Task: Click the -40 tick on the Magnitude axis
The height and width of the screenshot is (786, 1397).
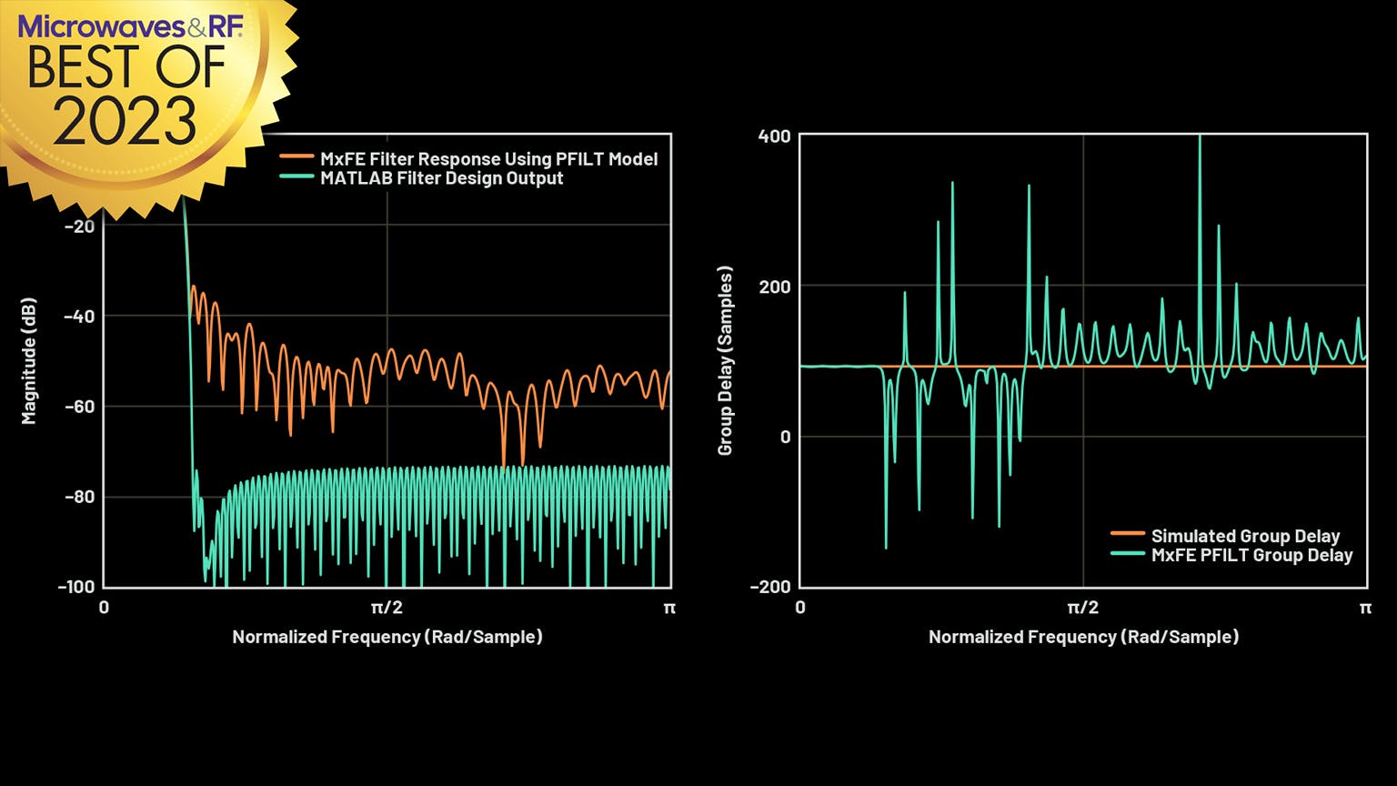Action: point(79,317)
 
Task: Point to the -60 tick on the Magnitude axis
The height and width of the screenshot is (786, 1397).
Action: point(79,407)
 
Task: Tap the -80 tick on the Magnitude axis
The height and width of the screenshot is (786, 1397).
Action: point(79,497)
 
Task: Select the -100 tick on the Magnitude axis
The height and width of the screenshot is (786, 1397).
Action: point(76,587)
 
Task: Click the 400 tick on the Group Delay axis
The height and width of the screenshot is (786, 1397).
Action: point(775,136)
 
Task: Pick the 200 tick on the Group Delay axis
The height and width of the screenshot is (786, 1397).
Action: point(775,287)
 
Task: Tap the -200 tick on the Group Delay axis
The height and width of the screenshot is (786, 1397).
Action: point(769,587)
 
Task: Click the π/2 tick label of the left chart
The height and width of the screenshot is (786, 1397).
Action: point(387,608)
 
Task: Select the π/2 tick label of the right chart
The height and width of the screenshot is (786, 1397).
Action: point(1082,608)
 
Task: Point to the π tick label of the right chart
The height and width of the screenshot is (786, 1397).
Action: point(1364,608)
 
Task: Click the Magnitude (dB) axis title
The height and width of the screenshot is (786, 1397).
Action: point(30,361)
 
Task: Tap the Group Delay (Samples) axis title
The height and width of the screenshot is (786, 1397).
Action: point(725,361)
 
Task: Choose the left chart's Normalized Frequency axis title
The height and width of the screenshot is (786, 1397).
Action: point(387,637)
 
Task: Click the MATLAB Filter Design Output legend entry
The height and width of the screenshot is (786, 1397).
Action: point(441,178)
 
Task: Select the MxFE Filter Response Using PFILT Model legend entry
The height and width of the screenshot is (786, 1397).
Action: point(488,159)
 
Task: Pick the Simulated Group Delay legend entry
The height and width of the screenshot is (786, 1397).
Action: point(1245,536)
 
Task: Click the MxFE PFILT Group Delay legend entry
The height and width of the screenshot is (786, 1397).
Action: point(1251,555)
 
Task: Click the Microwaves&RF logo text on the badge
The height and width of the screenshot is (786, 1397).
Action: point(130,26)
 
